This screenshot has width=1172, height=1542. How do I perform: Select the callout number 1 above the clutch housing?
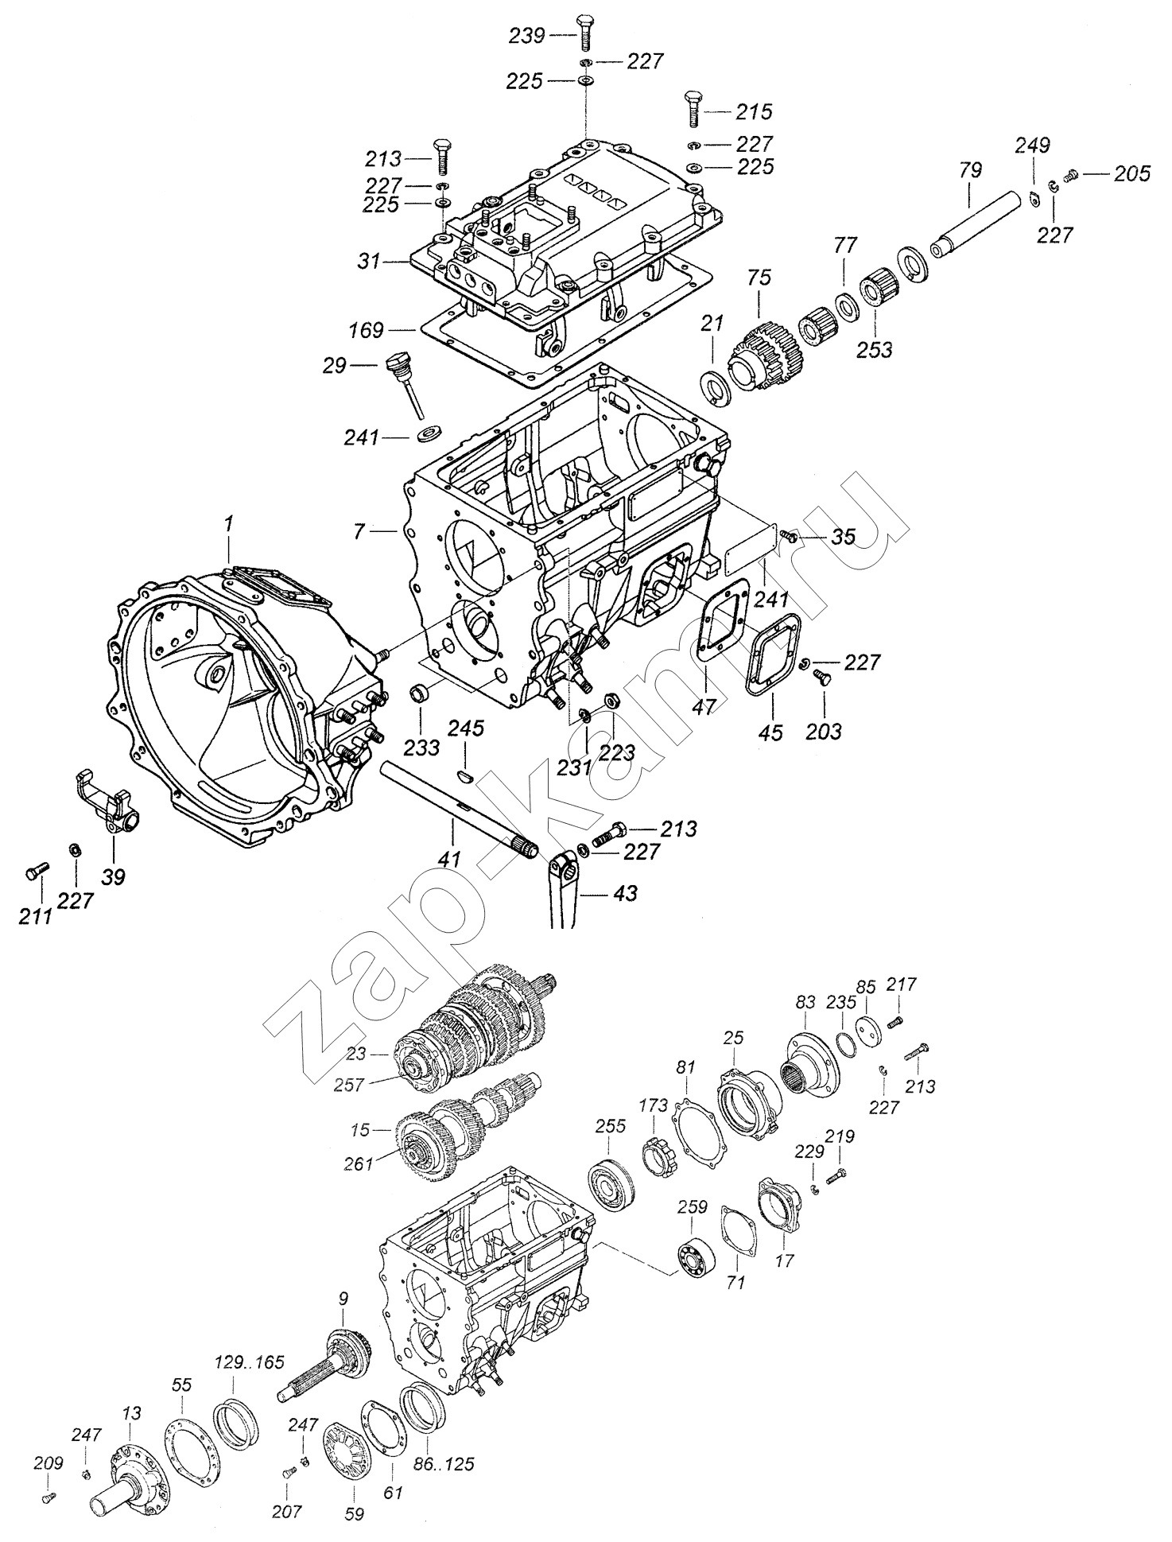228,524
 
